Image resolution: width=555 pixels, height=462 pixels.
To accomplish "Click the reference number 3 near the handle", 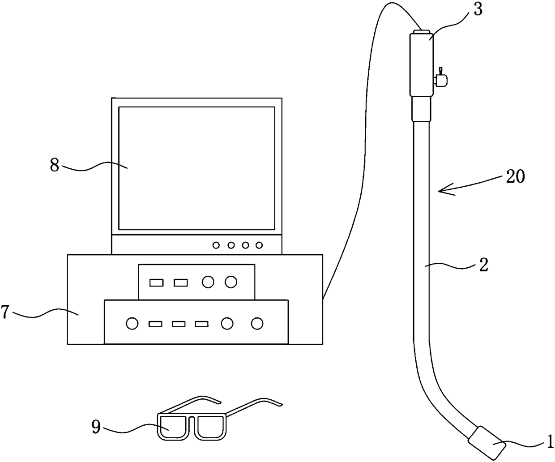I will tap(478, 10).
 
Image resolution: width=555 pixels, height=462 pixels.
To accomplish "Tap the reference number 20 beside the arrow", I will tap(514, 177).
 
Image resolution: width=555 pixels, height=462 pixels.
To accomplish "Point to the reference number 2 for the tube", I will tap(483, 265).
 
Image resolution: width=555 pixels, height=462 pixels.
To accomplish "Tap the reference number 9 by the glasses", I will tap(96, 427).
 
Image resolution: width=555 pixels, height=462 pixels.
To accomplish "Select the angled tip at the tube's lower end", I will tap(487, 442).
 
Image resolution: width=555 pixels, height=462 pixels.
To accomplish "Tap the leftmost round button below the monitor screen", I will tap(217, 245).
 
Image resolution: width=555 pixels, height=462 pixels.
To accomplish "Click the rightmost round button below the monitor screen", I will tap(259, 245).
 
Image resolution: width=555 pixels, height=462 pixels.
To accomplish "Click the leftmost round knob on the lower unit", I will tap(132, 323).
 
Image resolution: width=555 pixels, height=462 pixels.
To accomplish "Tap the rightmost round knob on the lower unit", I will tap(257, 323).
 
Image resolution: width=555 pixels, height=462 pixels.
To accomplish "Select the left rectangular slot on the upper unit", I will tap(157, 282).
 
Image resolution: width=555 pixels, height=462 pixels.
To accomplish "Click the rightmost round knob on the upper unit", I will tap(231, 282).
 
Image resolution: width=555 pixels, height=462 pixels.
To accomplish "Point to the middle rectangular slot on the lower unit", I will tap(179, 323).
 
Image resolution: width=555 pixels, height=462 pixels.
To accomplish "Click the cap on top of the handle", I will tap(421, 32).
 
